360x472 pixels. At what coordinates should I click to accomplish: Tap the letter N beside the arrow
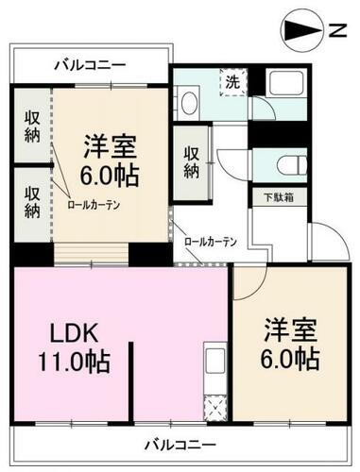[336, 31]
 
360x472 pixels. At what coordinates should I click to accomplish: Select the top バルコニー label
[90, 66]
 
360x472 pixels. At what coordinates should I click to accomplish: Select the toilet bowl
[284, 162]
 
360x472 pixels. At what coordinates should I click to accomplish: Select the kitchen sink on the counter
[211, 364]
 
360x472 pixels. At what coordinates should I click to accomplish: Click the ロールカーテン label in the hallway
[210, 241]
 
